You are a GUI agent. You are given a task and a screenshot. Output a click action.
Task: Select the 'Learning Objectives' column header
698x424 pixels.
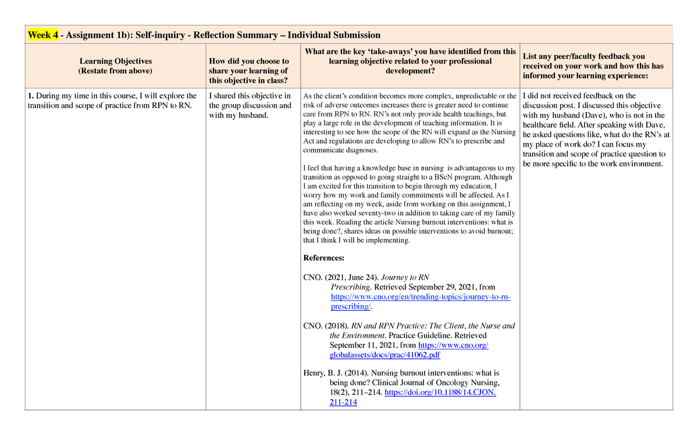[116, 61]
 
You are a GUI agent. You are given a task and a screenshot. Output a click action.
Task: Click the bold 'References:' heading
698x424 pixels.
[324, 258]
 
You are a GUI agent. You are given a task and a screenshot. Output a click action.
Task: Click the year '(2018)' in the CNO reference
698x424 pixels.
[339, 326]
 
